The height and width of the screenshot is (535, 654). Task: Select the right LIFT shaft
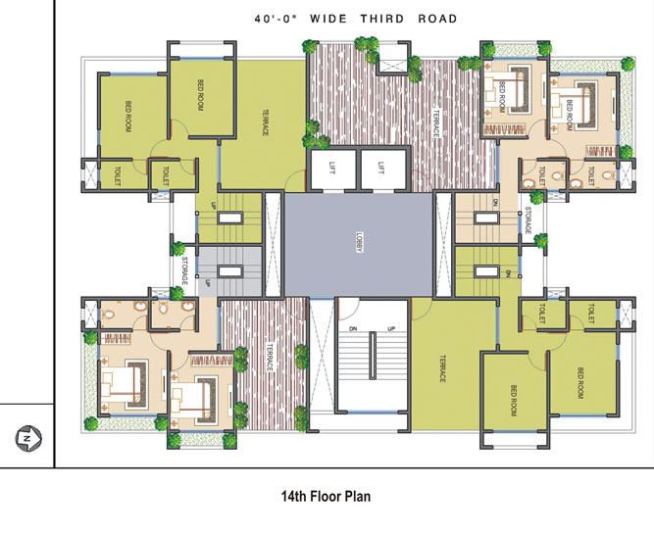[381, 170]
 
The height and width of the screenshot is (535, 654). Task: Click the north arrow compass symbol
[26, 437]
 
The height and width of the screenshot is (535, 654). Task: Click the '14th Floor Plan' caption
[326, 497]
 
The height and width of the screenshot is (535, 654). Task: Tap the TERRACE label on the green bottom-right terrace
[442, 367]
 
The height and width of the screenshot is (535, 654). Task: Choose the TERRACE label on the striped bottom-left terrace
[270, 355]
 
